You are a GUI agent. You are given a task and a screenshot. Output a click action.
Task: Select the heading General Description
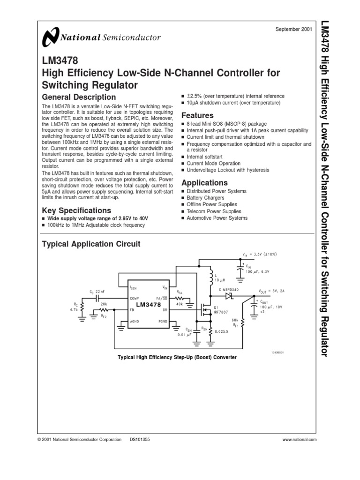click(79, 97)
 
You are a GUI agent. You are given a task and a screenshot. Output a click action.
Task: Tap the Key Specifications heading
click(76, 210)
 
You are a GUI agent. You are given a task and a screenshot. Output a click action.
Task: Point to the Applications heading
click(204, 183)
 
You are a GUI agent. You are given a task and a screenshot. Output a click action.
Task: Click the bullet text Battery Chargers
click(205, 198)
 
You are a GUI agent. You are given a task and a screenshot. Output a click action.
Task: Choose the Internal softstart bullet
click(204, 157)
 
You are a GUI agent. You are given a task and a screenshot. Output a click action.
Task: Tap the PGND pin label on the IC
click(162, 322)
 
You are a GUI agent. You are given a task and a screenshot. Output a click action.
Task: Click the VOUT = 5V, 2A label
click(273, 291)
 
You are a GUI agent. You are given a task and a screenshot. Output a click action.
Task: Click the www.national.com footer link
click(300, 440)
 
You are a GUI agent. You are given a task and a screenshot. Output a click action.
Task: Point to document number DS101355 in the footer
click(140, 440)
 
